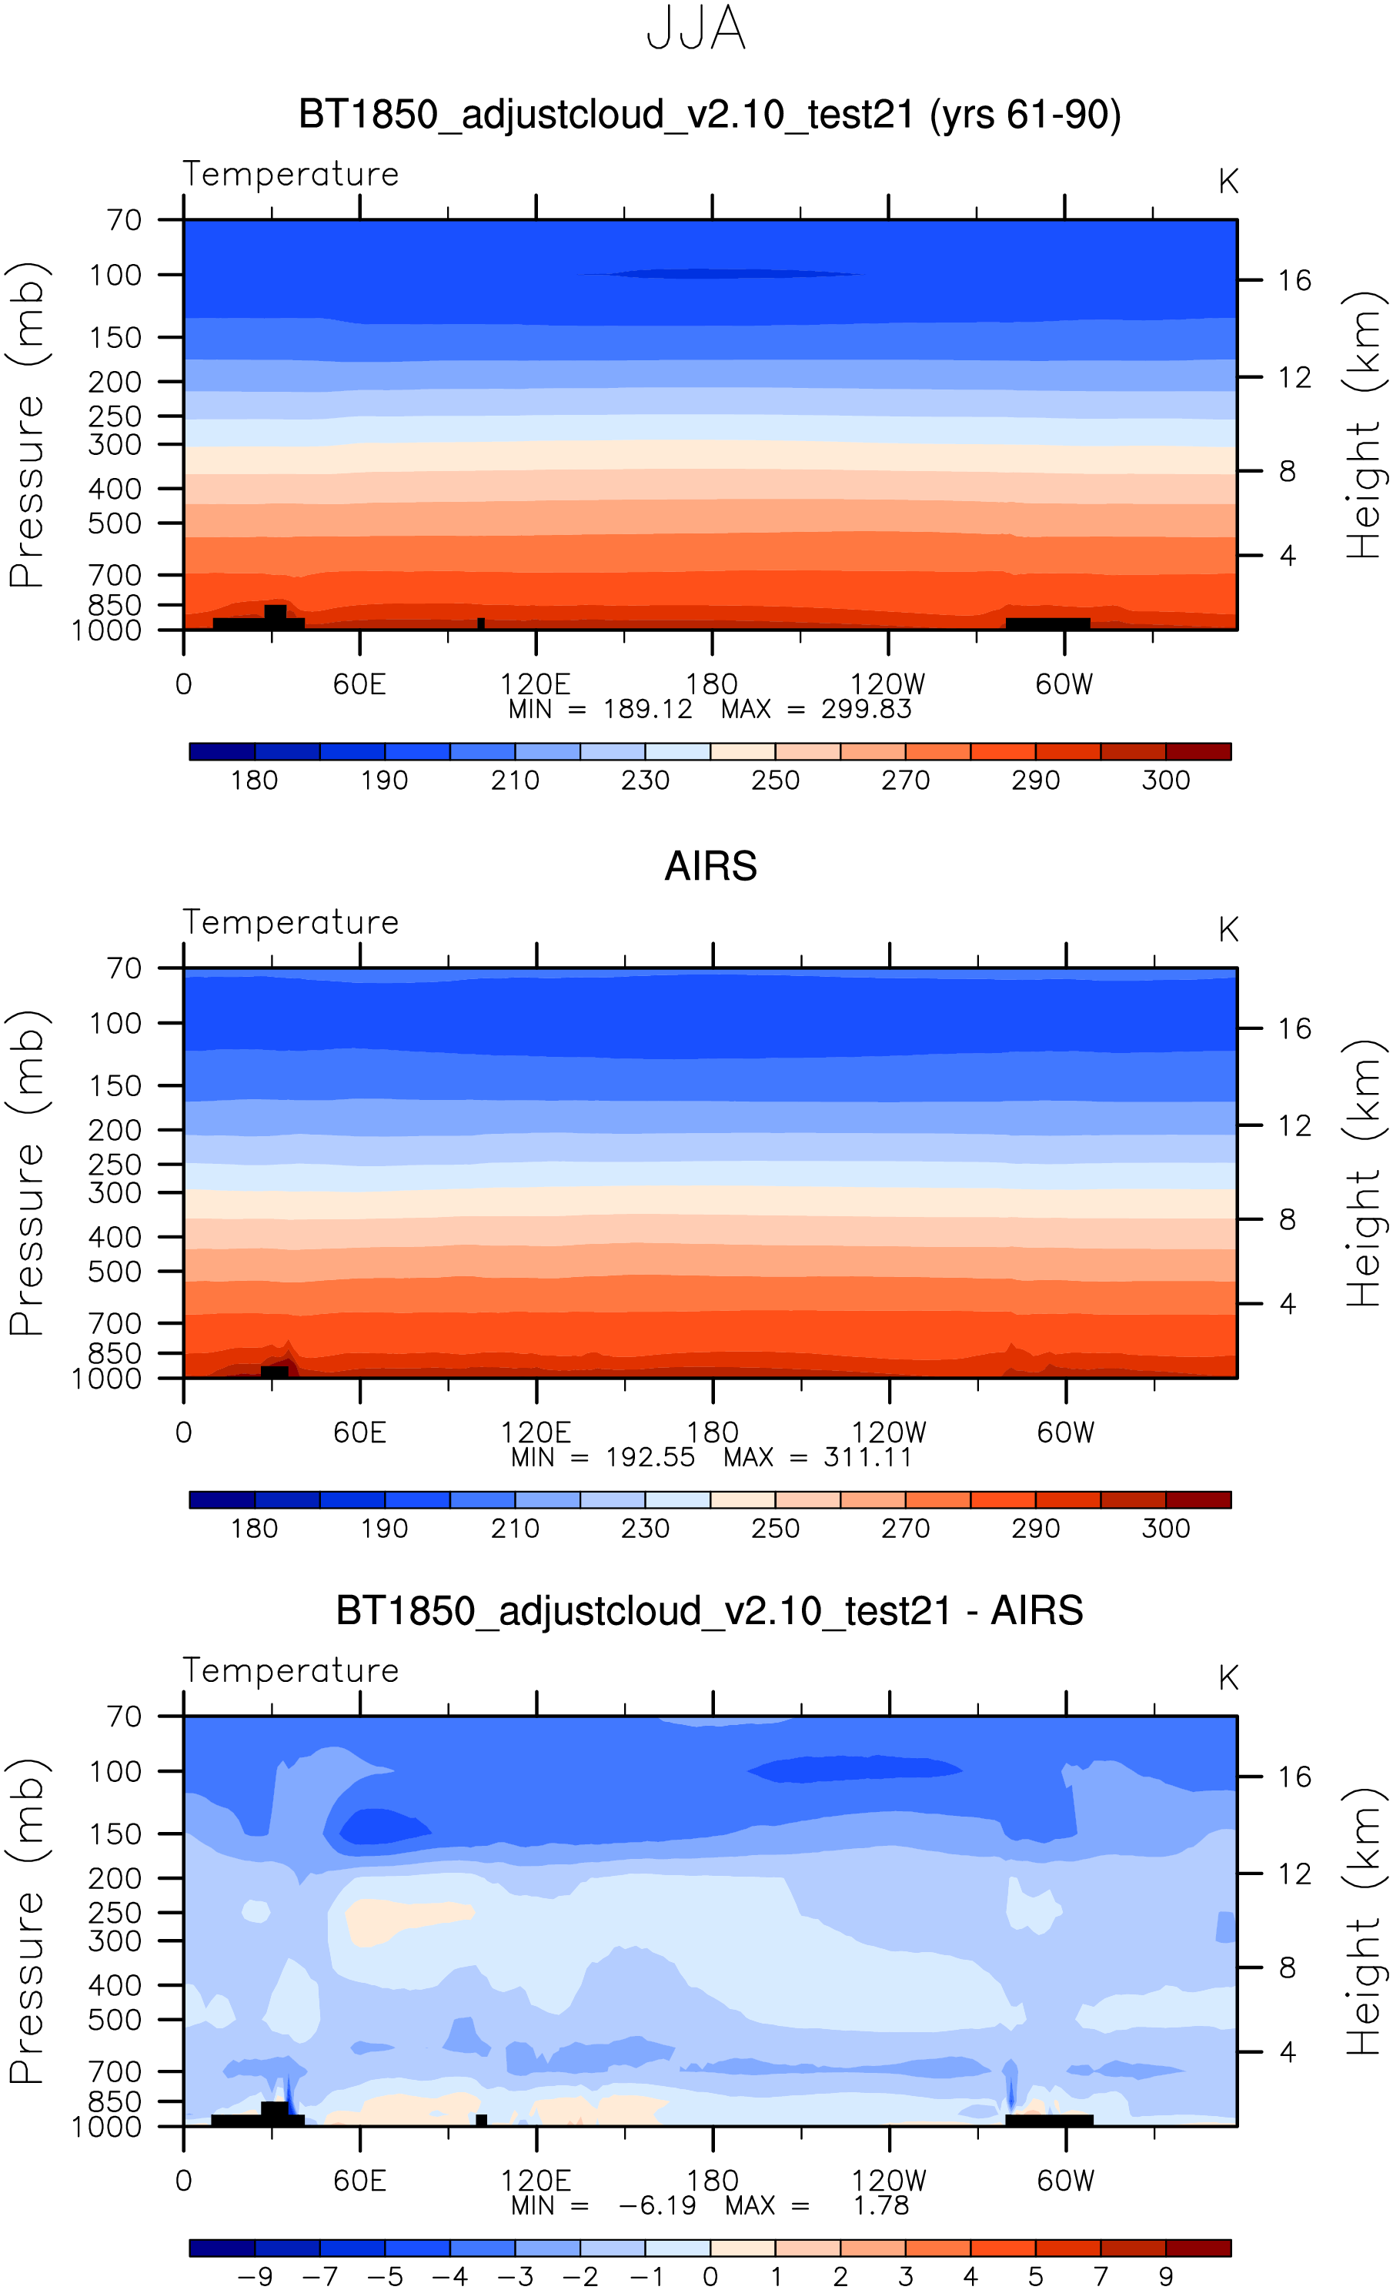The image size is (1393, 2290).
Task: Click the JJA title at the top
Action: click(x=696, y=28)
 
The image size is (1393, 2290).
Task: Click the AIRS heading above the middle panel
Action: click(x=711, y=866)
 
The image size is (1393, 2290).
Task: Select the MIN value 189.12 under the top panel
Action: click(x=648, y=710)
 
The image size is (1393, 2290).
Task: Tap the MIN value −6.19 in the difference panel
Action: click(x=657, y=2205)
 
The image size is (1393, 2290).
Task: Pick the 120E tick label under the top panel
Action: click(x=536, y=685)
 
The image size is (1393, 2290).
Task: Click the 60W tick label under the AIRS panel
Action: click(x=1065, y=1433)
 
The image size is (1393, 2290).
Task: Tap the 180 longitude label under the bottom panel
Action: click(x=713, y=2181)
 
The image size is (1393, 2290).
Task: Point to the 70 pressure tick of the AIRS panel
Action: click(x=124, y=968)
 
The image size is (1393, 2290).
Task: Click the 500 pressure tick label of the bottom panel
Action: click(x=115, y=2020)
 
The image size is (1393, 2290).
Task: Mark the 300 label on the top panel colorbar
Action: click(x=1165, y=780)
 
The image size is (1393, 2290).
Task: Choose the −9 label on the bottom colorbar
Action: click(x=255, y=2276)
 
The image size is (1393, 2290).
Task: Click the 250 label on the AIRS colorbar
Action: click(x=775, y=1529)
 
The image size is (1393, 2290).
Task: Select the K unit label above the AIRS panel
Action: click(x=1228, y=929)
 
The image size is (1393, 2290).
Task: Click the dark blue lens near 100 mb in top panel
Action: click(x=720, y=274)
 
